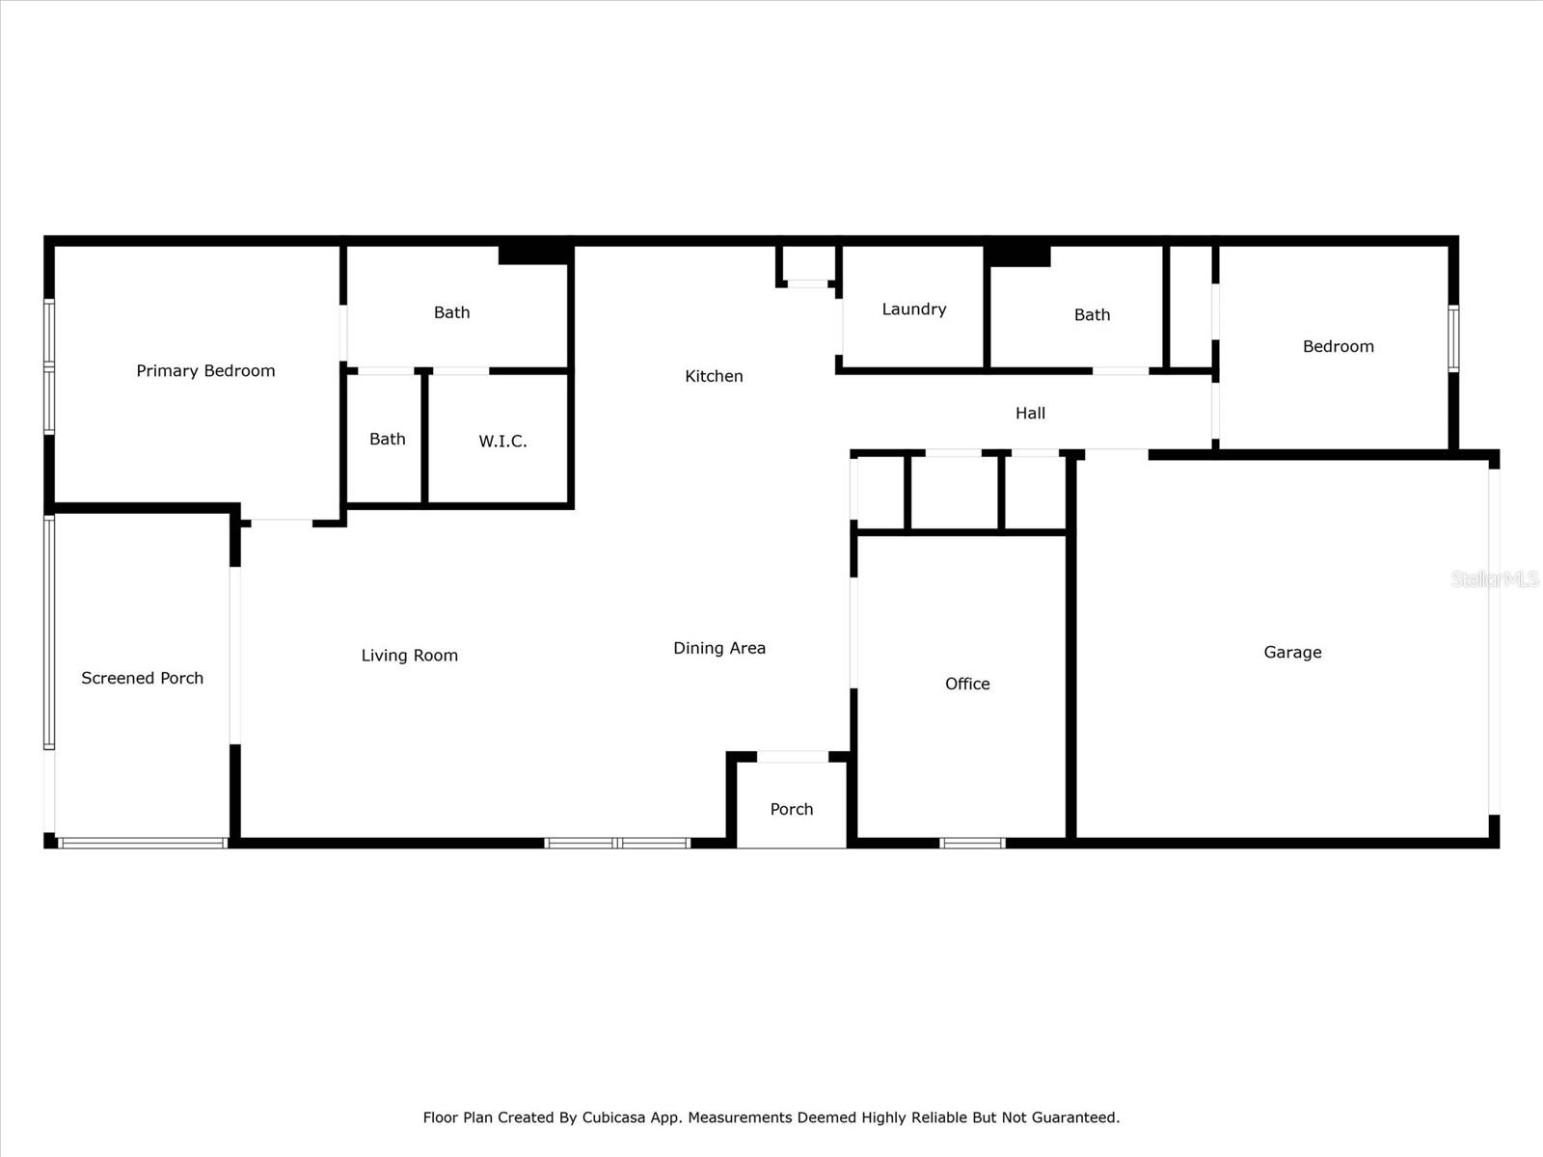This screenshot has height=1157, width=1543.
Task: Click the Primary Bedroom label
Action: pos(205,371)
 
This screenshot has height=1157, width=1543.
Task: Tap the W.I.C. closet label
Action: pos(502,442)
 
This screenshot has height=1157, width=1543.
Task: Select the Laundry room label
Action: pos(913,309)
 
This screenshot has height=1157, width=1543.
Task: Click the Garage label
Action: pos(1292,653)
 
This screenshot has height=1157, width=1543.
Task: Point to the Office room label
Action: pos(967,684)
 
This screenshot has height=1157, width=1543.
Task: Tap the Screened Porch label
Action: pos(142,679)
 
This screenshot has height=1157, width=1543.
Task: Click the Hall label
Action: pos(1030,414)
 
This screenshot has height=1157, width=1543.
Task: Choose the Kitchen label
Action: pos(714,376)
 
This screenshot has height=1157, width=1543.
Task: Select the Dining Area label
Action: pos(719,649)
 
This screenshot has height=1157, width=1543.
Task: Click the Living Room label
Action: pos(409,656)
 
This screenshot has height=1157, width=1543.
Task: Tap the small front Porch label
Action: pos(791,810)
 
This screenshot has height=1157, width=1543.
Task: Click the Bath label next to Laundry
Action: pos(1092,315)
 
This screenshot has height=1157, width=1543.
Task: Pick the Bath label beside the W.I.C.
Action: pos(387,440)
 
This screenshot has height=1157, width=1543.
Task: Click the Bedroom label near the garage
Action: pos(1338,347)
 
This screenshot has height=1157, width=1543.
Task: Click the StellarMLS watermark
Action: pos(1494,579)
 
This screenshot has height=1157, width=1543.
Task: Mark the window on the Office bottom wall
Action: pos(972,844)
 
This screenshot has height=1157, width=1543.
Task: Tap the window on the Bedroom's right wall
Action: pos(1453,338)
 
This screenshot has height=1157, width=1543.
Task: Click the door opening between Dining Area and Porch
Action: pos(793,757)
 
